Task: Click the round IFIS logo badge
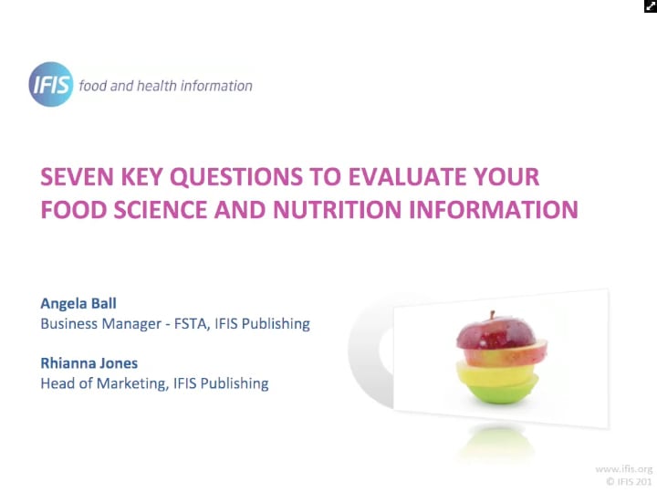[x=50, y=85]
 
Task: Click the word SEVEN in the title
[x=74, y=176]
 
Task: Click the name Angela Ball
[x=78, y=302]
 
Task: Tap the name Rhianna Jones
[x=89, y=362]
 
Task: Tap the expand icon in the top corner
[x=650, y=6]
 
